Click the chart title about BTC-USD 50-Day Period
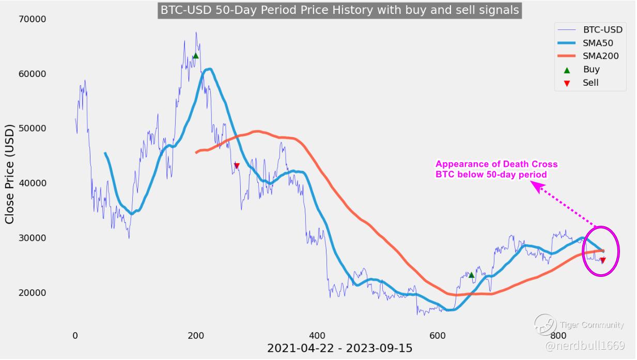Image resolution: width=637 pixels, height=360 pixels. [x=339, y=10]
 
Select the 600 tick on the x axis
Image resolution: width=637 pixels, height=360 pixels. [x=438, y=335]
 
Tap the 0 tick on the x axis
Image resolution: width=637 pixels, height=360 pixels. [x=75, y=335]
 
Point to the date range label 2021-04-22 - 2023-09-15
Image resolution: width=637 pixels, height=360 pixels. [x=339, y=349]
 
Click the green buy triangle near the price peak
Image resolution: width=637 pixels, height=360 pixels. [x=195, y=55]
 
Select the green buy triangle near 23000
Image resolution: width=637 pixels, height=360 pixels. [x=471, y=275]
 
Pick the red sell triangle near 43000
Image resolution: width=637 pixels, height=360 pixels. [x=237, y=166]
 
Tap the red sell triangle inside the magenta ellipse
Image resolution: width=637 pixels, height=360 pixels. [x=602, y=260]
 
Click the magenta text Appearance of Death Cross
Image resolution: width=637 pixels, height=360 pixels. [x=496, y=164]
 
